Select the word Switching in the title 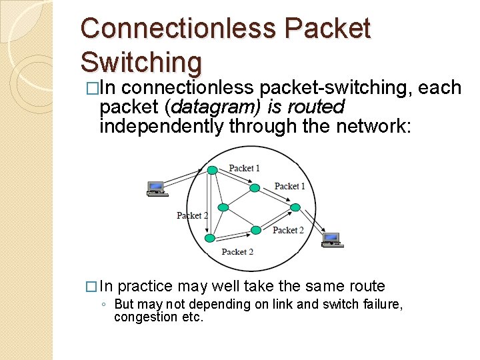(x=141, y=62)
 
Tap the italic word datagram (x=205, y=107)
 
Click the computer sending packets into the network (x=156, y=188)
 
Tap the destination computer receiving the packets (x=331, y=239)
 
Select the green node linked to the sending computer (x=212, y=170)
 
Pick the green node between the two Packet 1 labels (x=254, y=188)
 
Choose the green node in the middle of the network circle (x=224, y=207)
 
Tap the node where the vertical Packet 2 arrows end (x=210, y=237)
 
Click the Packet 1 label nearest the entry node (x=244, y=168)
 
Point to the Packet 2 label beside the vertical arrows (x=192, y=215)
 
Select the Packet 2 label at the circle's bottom (x=237, y=252)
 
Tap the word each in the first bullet (x=440, y=87)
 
